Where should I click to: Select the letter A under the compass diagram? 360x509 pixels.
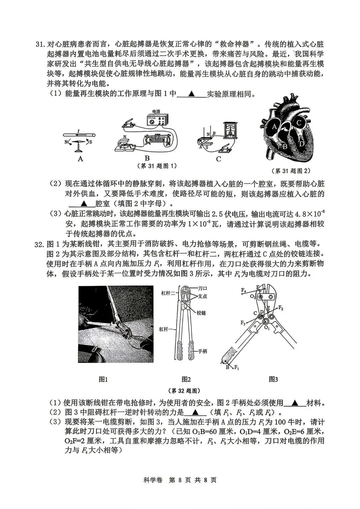[80, 159]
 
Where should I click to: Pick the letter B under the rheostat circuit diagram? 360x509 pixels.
[147, 158]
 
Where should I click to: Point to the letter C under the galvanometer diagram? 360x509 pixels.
[219, 159]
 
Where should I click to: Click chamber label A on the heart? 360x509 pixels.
[274, 127]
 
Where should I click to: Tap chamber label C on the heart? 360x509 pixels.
[299, 123]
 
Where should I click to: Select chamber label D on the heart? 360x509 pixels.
[301, 144]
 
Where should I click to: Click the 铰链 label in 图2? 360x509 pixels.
[201, 313]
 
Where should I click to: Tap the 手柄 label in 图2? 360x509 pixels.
[203, 351]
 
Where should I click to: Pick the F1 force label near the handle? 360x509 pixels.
[237, 368]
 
